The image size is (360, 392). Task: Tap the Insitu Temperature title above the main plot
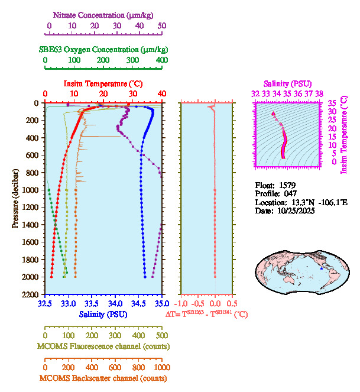[x=103, y=83]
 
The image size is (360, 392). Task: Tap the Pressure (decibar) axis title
[x=15, y=198]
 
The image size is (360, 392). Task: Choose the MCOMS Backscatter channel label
[x=103, y=378]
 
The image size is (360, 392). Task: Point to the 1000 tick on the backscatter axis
[x=161, y=367]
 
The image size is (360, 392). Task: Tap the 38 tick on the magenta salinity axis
[x=319, y=93]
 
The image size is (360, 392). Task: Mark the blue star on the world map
[x=322, y=268]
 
